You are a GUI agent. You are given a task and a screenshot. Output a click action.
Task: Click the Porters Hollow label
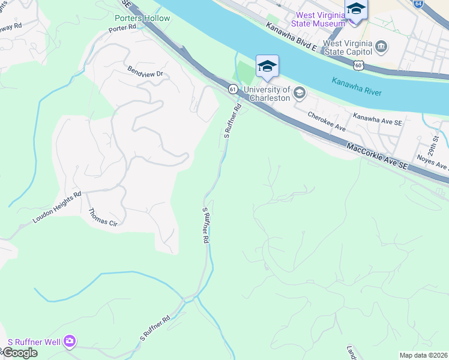142,18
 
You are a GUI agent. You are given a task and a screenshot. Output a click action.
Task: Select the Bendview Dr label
145,72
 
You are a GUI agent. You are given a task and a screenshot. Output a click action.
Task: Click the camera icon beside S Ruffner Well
70,341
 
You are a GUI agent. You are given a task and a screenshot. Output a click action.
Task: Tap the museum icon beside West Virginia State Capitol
381,46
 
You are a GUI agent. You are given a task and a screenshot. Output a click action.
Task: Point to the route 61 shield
233,89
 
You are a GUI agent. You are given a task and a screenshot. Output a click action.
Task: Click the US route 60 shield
358,65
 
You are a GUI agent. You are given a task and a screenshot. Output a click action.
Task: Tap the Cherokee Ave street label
327,121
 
